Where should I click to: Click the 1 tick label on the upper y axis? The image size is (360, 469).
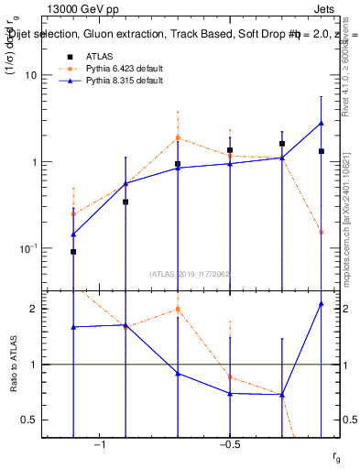42,162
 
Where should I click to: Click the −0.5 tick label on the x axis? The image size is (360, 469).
228,443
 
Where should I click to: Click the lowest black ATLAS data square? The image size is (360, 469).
73,251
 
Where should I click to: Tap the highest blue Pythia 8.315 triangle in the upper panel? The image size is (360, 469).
322,123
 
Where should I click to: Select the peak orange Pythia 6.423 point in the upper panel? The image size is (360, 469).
178,138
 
